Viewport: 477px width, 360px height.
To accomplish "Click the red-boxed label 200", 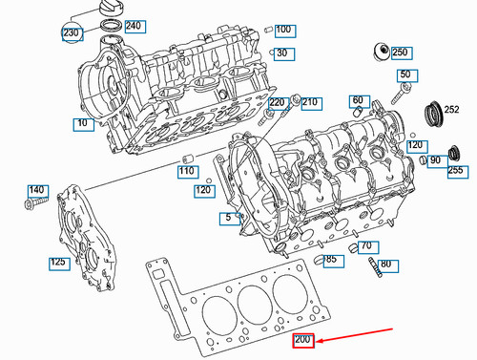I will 303,341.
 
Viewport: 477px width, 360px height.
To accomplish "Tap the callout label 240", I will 134,26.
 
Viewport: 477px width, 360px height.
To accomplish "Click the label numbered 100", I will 283,30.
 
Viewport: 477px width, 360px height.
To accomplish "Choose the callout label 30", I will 281,53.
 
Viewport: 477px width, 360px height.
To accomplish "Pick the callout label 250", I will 400,52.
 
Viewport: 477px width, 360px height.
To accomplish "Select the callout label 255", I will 456,170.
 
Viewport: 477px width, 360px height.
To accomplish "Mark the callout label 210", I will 310,102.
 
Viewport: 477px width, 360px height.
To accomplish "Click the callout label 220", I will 277,102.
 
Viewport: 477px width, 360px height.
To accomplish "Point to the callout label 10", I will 82,123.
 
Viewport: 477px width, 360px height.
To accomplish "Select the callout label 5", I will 227,219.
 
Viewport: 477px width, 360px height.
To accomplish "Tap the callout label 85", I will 331,259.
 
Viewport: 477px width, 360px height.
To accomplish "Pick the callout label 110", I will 187,171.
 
